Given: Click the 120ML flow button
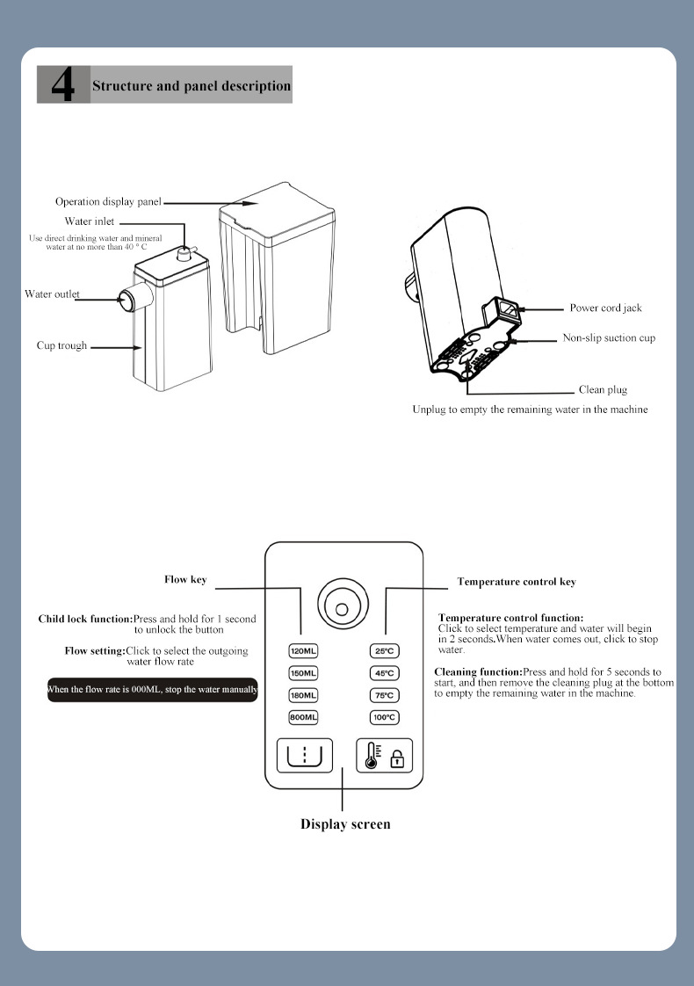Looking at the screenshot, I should click(x=303, y=651).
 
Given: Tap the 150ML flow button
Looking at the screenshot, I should click(x=303, y=673).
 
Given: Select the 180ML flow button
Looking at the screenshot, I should click(x=303, y=695).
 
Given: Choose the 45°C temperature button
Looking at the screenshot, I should click(x=385, y=673).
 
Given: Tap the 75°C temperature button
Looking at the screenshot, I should click(x=385, y=695).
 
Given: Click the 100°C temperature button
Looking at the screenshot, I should click(x=385, y=717).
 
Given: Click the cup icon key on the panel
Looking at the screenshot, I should click(x=304, y=755).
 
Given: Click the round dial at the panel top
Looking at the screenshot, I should click(x=343, y=605).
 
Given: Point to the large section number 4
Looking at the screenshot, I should click(x=63, y=85).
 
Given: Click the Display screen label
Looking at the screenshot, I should click(x=345, y=824).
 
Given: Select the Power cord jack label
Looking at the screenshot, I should click(x=605, y=308).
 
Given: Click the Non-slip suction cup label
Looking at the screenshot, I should click(x=609, y=338).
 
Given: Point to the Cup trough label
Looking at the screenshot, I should click(x=61, y=345).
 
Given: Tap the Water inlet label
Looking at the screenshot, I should click(x=89, y=221).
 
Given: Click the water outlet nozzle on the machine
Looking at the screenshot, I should click(x=128, y=299).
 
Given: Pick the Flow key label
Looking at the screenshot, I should click(x=185, y=580).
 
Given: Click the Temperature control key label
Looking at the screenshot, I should click(x=517, y=582).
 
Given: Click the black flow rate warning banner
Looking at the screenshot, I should click(x=152, y=690).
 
